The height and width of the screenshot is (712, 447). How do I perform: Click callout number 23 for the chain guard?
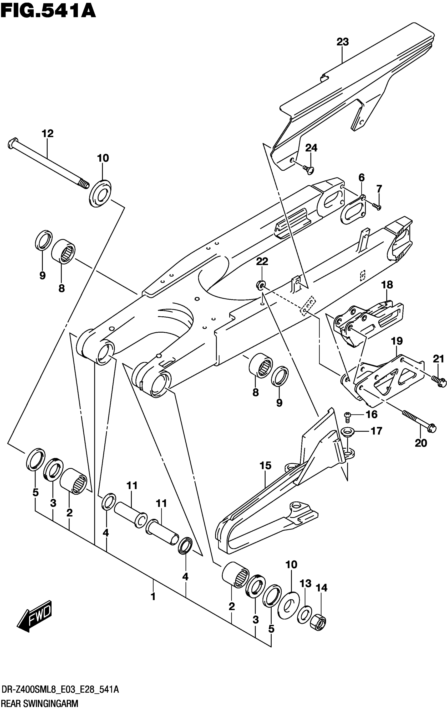click(x=343, y=42)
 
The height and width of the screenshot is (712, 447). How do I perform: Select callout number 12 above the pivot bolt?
click(x=47, y=133)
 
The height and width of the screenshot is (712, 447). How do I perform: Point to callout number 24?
click(x=311, y=148)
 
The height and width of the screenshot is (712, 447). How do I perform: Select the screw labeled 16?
click(x=347, y=416)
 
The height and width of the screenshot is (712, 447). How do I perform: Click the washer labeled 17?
click(x=347, y=432)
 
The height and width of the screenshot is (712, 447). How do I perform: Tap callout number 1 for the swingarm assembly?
click(x=153, y=596)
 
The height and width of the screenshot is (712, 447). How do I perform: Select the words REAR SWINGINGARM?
click(x=40, y=704)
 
